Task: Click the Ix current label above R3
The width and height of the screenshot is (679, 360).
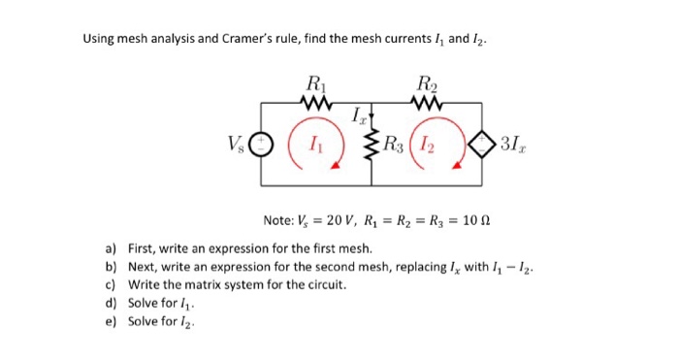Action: [x=359, y=118]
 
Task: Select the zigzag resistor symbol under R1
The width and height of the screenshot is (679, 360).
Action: [x=316, y=101]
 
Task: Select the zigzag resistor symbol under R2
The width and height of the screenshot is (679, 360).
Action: [x=427, y=101]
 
